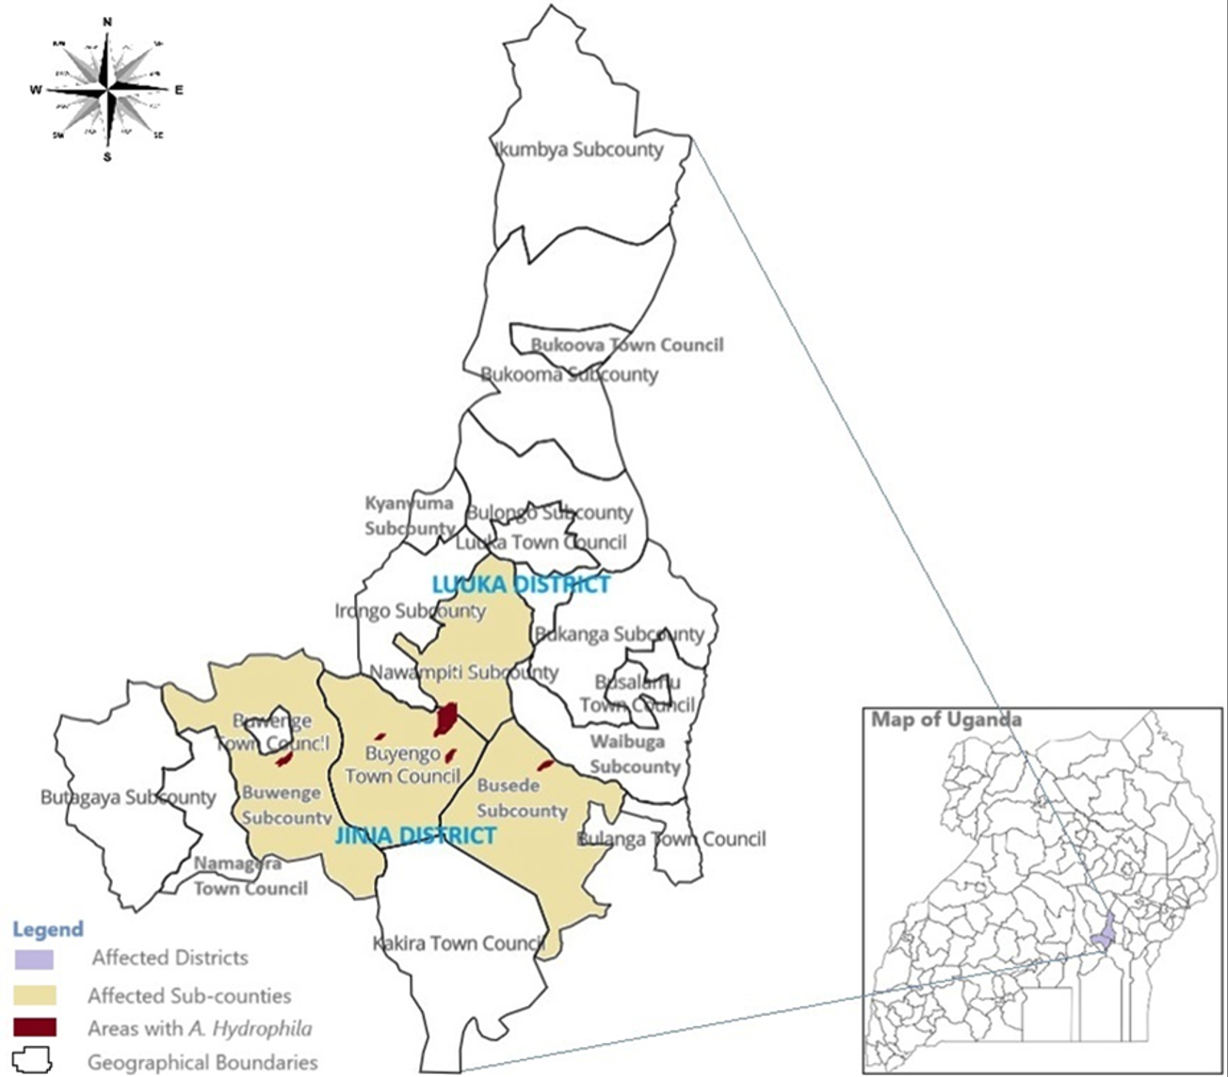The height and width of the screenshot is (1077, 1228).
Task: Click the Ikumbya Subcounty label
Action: (578, 150)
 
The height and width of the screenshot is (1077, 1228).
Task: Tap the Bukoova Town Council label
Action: (627, 346)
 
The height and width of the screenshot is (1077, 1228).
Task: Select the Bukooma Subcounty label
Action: (569, 375)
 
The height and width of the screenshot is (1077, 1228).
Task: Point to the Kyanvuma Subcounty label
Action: (410, 516)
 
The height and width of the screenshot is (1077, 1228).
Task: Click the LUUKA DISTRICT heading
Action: (521, 585)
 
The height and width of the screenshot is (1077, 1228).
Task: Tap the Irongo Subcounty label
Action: (410, 612)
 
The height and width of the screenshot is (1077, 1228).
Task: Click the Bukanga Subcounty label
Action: (619, 635)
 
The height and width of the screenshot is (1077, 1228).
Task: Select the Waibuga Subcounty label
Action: (634, 754)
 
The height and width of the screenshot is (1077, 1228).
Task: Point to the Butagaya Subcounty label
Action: (128, 797)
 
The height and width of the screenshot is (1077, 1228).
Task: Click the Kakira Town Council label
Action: (459, 943)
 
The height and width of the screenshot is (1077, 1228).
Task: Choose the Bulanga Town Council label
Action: (671, 839)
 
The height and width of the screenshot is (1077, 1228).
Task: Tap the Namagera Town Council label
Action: (250, 876)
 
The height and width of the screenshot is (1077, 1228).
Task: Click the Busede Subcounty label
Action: (522, 798)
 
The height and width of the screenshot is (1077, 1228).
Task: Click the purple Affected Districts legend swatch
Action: (35, 958)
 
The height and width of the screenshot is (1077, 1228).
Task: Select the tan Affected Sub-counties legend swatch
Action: (35, 995)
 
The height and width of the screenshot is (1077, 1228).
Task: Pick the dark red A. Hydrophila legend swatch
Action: (35, 1028)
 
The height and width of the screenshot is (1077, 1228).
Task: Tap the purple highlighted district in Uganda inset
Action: (1106, 934)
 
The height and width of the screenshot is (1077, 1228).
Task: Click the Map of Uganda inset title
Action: (945, 720)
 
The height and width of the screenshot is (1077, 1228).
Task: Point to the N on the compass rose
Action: (107, 22)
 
